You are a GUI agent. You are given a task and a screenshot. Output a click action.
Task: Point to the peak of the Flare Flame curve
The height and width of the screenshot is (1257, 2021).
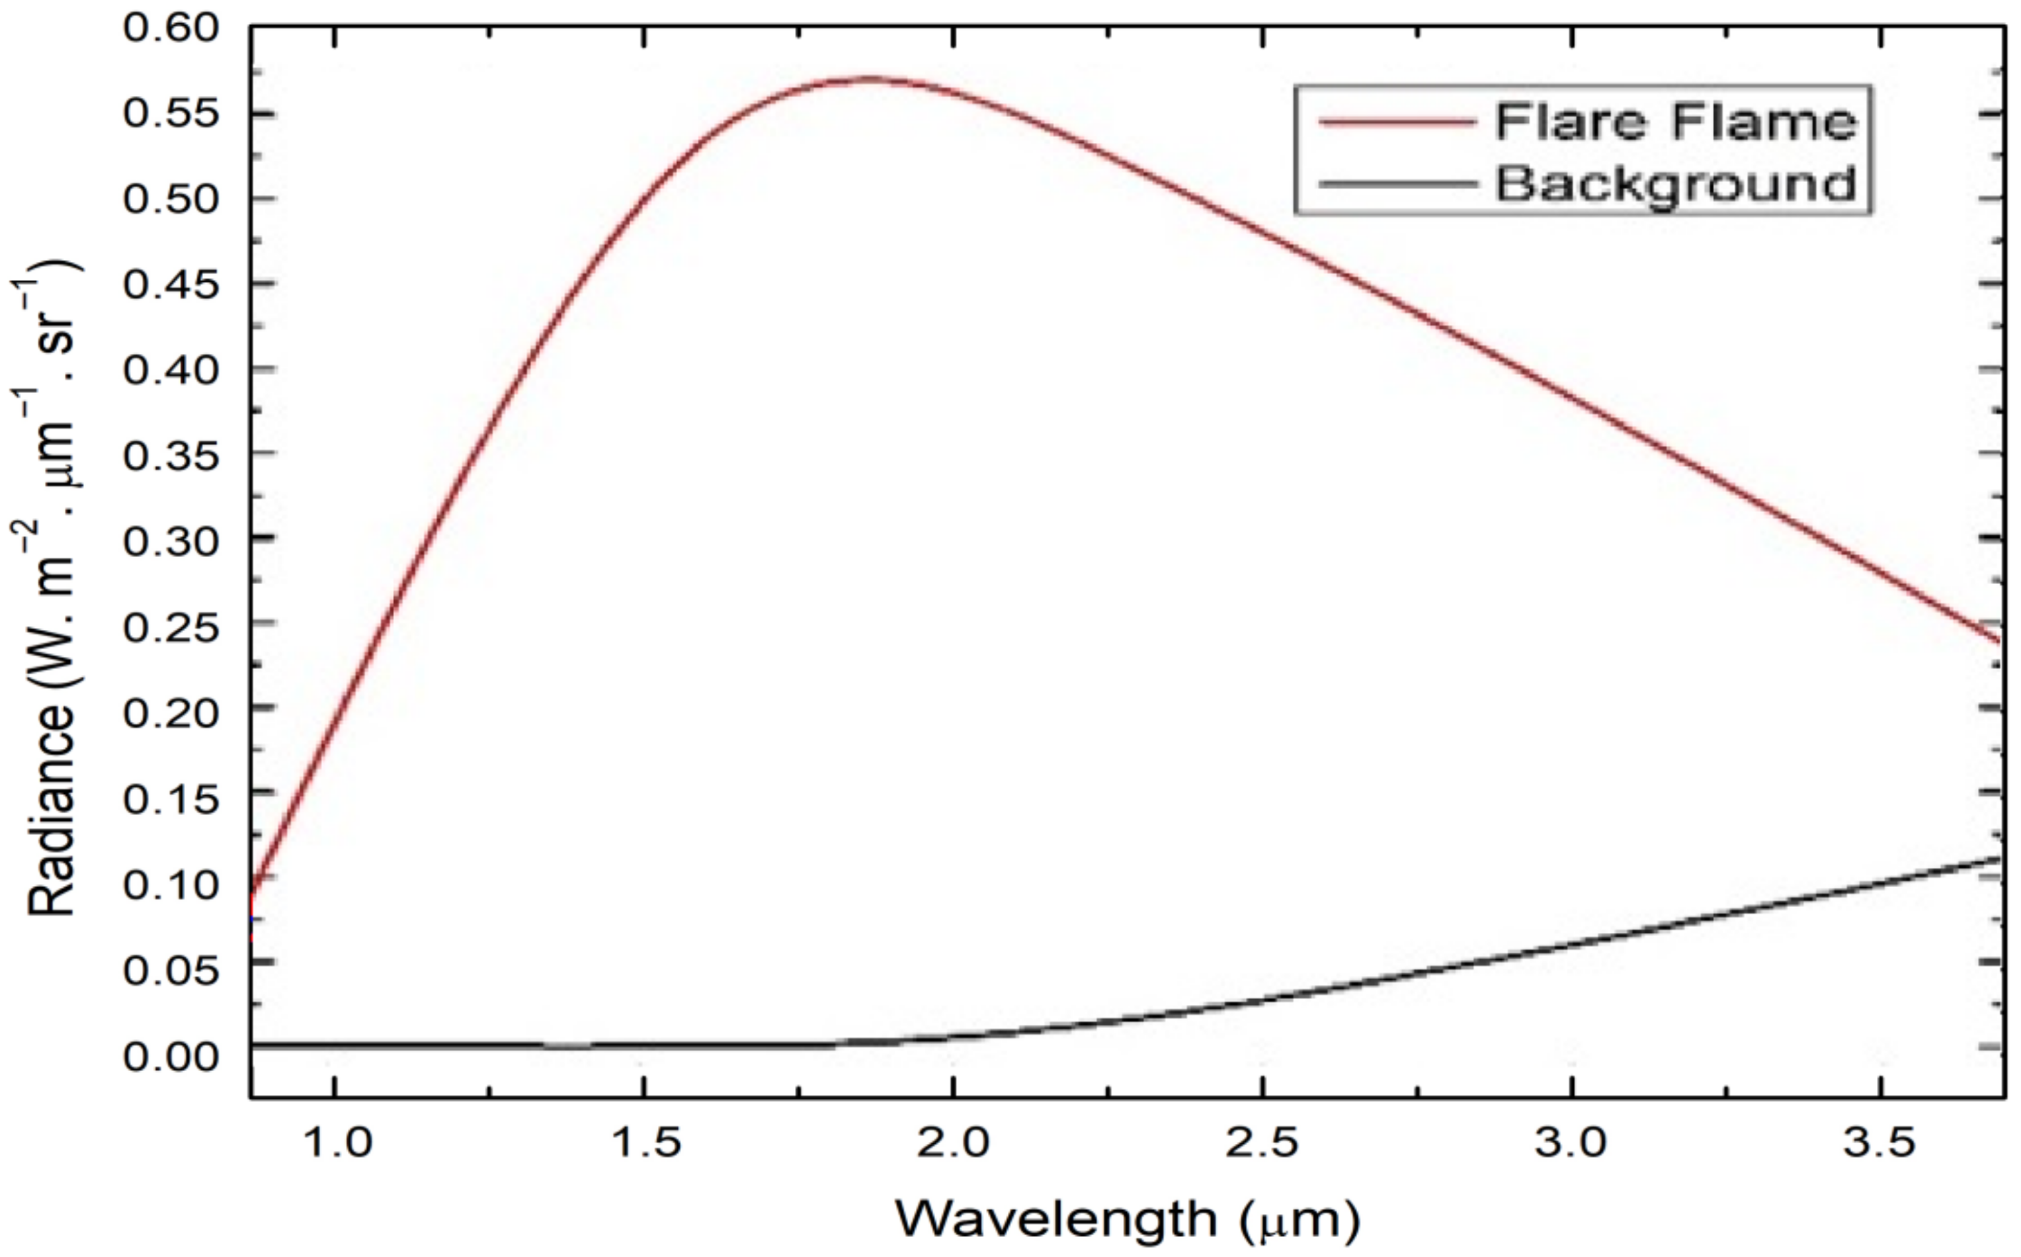[868, 79]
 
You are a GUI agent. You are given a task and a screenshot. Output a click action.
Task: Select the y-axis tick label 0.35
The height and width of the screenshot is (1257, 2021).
[171, 455]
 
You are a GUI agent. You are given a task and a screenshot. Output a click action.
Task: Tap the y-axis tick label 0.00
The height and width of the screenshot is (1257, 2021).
[171, 1056]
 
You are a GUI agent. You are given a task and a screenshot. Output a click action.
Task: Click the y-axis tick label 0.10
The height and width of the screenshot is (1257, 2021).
[171, 885]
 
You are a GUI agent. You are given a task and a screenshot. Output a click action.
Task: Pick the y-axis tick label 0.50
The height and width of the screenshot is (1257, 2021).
[171, 200]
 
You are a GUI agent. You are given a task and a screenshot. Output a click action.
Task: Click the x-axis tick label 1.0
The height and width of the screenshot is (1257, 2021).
[336, 1144]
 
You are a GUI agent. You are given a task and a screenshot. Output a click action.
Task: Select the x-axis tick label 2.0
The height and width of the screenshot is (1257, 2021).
[953, 1144]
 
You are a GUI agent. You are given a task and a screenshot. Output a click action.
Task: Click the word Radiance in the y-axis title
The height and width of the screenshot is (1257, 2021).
[52, 811]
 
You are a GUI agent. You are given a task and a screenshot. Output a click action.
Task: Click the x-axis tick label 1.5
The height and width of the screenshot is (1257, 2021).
[645, 1144]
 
